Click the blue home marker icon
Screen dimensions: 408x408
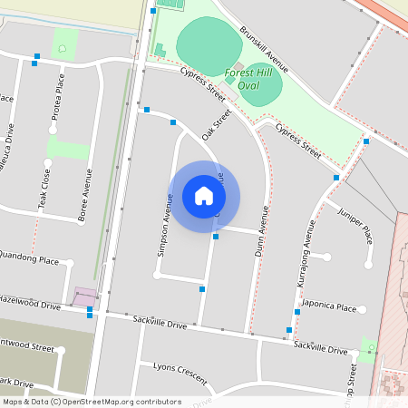[x=204, y=196]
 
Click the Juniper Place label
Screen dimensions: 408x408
[x=355, y=223]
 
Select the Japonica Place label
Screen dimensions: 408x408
[x=328, y=307]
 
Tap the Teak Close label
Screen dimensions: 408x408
[x=45, y=186]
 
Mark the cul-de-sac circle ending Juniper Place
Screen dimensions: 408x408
[x=368, y=265]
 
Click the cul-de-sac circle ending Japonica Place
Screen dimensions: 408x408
[x=363, y=310]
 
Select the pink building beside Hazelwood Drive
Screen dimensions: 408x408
[x=85, y=296]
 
